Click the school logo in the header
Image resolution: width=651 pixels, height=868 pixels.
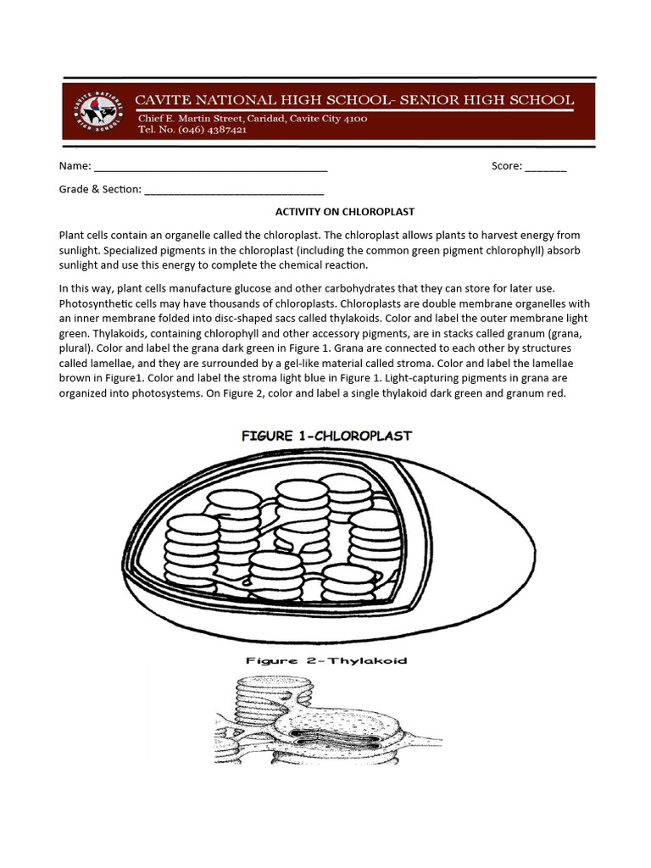point(99,111)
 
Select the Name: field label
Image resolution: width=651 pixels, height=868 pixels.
point(75,166)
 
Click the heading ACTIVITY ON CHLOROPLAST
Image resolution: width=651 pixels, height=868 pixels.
point(344,212)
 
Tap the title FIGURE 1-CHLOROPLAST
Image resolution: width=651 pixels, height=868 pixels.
point(326,436)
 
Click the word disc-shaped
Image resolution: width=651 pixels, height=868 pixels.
point(253,319)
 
